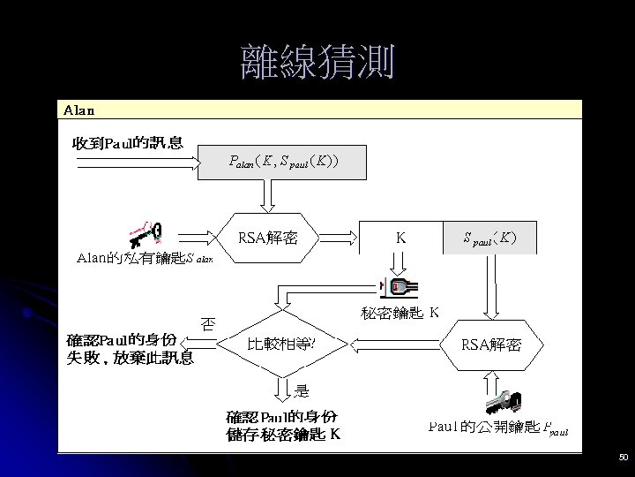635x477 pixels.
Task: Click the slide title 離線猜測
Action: [317, 63]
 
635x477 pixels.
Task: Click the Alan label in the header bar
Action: [79, 110]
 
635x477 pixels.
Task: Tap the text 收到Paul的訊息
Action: [129, 143]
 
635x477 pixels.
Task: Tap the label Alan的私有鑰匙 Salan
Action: [145, 259]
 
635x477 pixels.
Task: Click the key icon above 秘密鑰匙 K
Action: [399, 288]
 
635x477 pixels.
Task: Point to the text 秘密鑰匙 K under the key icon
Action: [400, 313]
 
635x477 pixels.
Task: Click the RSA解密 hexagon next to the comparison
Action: [491, 344]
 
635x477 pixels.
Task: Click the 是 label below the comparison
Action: [302, 389]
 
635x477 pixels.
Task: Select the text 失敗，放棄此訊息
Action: [131, 359]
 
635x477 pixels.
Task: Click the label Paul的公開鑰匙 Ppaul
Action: [497, 428]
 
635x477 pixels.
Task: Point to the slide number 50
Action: [623, 458]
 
